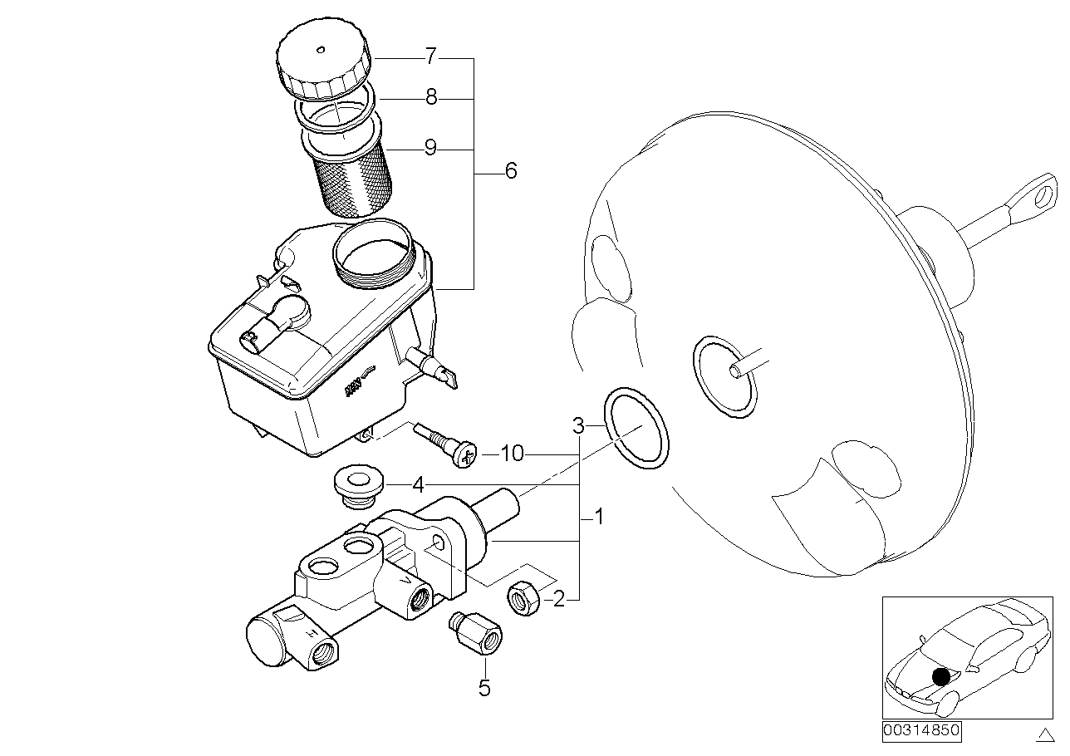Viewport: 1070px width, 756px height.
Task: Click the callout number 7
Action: click(x=429, y=57)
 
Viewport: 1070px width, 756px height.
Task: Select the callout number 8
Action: click(x=430, y=98)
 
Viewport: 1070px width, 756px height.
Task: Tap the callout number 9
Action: click(x=429, y=148)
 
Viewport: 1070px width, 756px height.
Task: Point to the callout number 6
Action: click(x=510, y=171)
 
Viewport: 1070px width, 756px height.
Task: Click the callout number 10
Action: click(x=513, y=454)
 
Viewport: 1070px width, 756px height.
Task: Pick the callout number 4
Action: click(x=419, y=484)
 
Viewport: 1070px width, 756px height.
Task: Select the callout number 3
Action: click(x=578, y=427)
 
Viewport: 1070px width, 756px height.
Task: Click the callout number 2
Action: click(x=559, y=598)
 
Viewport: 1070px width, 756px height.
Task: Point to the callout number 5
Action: click(x=484, y=688)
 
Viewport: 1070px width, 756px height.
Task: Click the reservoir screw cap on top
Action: click(x=323, y=61)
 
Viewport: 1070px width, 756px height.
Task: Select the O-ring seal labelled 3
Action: click(x=636, y=427)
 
